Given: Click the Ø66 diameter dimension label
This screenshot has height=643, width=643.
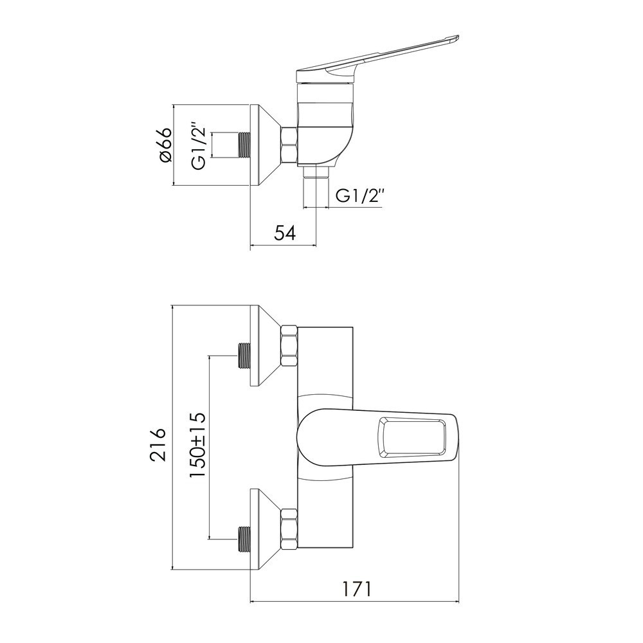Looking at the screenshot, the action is [166, 145].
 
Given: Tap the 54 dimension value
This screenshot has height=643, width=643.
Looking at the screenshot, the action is [285, 233].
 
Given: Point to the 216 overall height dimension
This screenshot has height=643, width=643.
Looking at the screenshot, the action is [158, 444].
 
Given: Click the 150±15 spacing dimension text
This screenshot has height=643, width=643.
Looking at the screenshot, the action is [197, 446].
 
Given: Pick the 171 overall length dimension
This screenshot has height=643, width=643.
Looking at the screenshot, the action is [357, 589].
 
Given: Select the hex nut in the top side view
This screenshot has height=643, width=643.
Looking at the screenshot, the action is [289, 145].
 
